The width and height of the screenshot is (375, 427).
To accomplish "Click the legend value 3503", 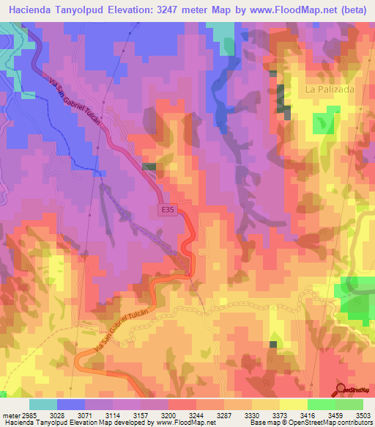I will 363,415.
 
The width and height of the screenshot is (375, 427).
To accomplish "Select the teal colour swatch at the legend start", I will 42,404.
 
